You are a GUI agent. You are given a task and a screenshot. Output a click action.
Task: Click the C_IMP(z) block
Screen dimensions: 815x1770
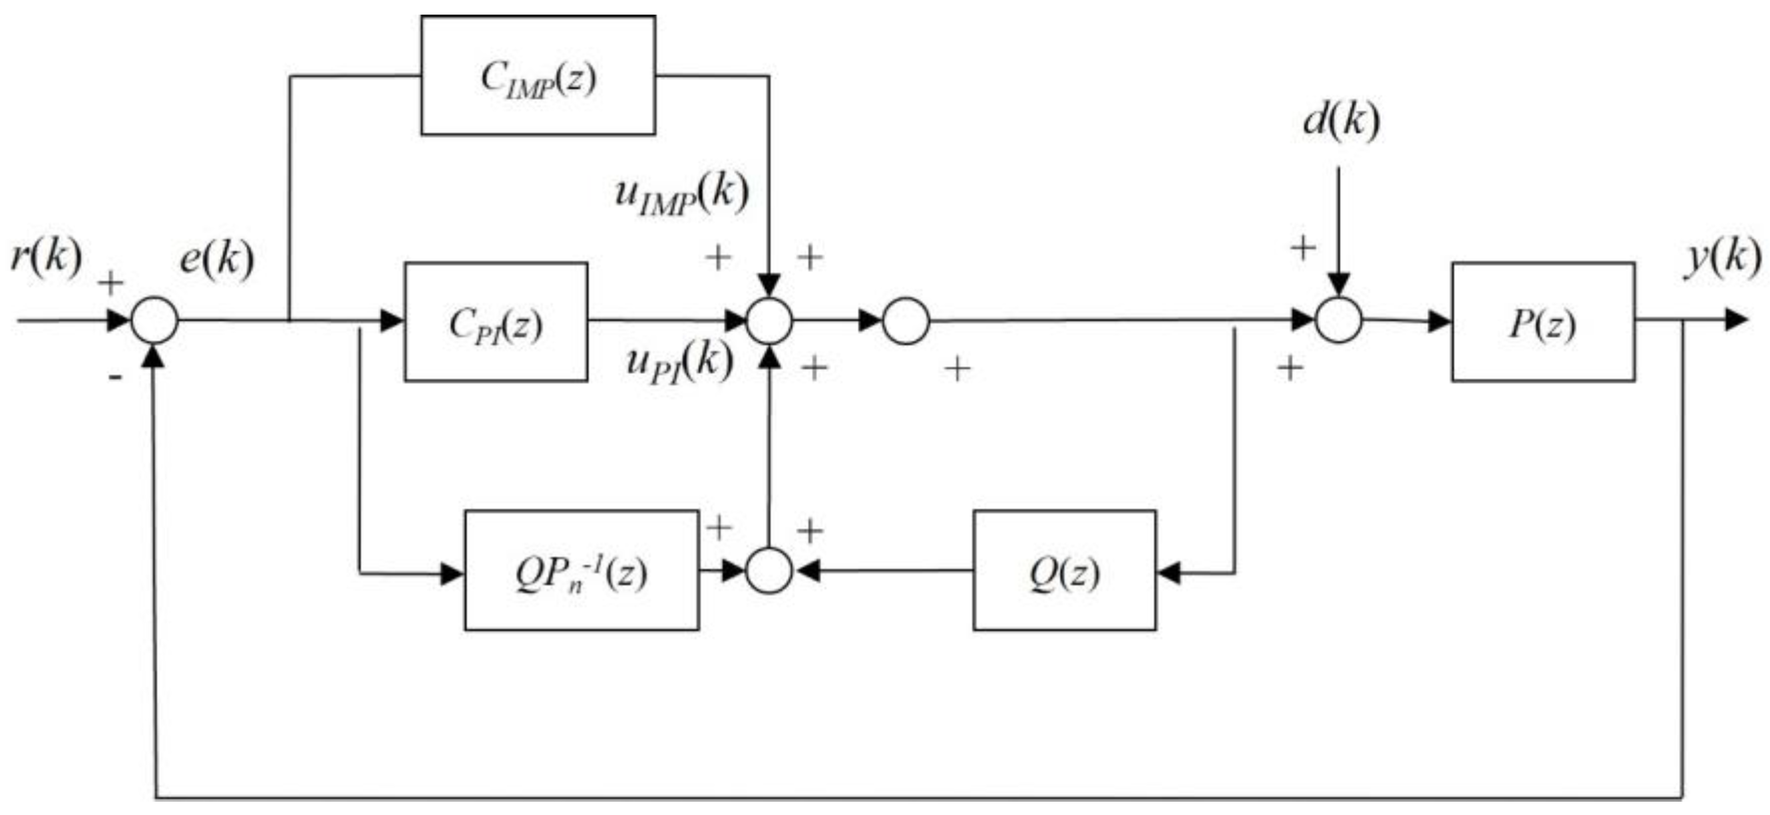[538, 76]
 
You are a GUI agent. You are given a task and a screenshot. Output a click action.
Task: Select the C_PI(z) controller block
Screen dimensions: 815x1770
[496, 321]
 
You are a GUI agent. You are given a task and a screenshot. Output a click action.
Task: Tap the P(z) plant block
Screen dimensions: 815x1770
[1542, 321]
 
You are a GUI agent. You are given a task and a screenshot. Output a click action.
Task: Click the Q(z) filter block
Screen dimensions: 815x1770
[1063, 570]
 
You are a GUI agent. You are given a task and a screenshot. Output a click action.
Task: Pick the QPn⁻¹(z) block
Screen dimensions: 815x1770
[582, 570]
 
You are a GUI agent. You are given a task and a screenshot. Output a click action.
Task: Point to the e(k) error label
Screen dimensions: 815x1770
[216, 259]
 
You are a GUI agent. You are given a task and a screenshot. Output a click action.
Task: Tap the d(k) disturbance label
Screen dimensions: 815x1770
[1341, 122]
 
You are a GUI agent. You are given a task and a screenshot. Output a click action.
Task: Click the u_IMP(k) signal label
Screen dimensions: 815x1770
[680, 195]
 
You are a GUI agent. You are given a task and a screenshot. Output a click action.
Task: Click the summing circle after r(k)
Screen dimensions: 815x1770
[154, 320]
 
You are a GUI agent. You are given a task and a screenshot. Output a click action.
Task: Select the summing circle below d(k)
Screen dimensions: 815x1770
[1339, 320]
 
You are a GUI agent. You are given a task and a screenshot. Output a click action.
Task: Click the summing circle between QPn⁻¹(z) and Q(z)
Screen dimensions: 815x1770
[769, 570]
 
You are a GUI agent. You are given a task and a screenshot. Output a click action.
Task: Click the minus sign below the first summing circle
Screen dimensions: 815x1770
[114, 376]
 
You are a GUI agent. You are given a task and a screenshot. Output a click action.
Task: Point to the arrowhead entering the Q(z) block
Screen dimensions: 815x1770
[1168, 572]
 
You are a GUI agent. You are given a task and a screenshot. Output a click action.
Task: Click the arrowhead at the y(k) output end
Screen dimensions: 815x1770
[1737, 320]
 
